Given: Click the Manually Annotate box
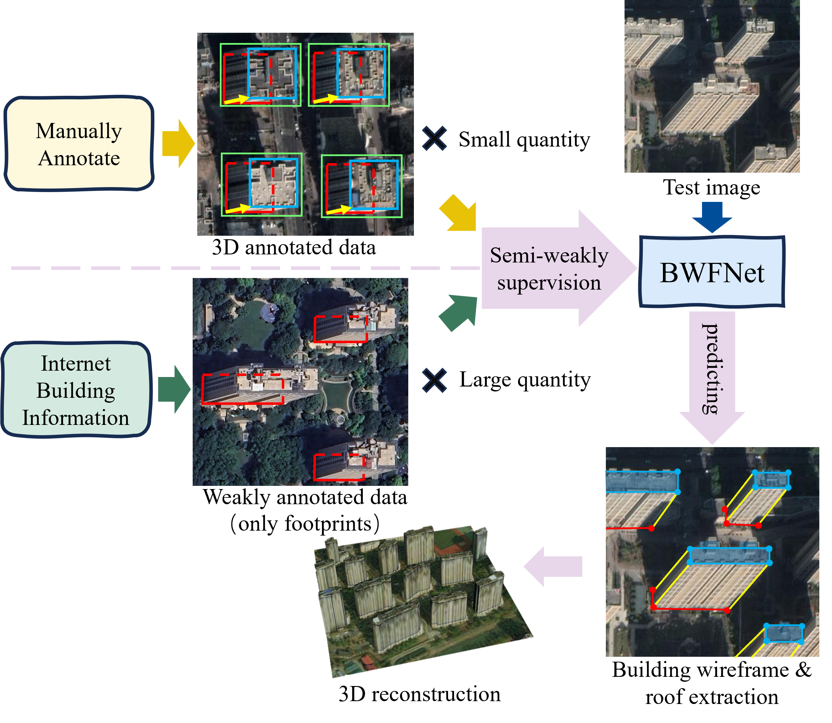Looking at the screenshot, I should tap(79, 143).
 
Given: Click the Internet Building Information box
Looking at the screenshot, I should tap(76, 390).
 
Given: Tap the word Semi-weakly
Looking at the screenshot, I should tap(549, 255).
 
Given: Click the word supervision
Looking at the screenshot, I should tap(549, 283).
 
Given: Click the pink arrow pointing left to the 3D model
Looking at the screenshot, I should tap(553, 566).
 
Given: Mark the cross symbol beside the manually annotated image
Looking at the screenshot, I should tap(434, 138).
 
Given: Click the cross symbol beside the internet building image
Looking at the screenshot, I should tap(434, 380).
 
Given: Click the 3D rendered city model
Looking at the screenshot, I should tap(420, 597).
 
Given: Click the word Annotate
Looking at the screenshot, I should tap(79, 158).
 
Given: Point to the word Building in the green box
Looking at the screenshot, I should tap(76, 390).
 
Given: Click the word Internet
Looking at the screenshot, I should tap(76, 364).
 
